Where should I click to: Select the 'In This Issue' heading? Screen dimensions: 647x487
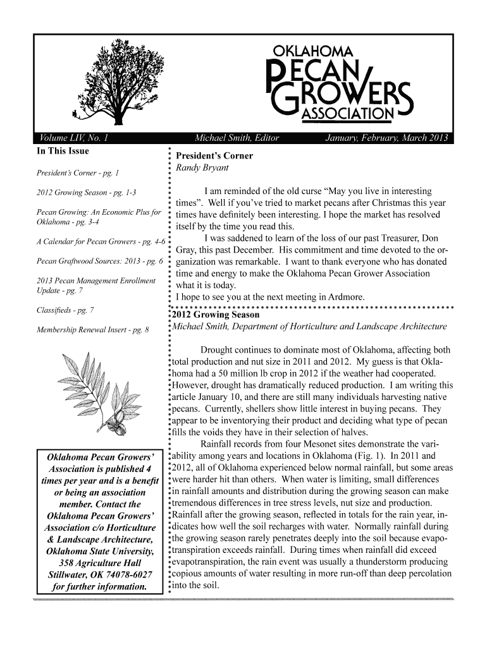coord(63,151)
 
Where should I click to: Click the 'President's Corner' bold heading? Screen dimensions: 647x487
coord(214,156)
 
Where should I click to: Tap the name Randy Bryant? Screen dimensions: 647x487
coord(202,168)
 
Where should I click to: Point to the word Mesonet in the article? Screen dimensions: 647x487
coord(309,444)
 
